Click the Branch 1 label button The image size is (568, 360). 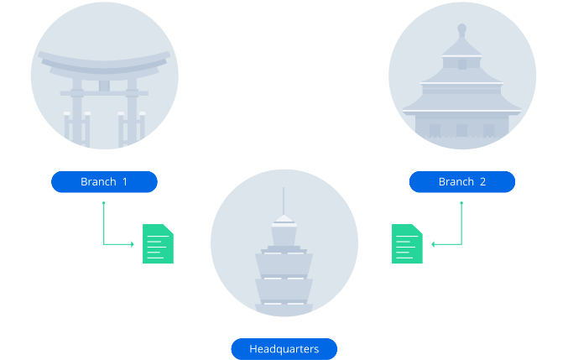104,182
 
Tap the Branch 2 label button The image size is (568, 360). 461,182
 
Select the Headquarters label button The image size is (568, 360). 284,349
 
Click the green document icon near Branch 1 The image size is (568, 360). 158,244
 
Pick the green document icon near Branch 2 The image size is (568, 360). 407,244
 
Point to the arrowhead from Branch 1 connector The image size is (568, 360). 132,244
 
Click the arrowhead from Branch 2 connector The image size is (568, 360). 434,244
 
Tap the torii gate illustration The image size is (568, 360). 104,92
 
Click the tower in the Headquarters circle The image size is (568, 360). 284,260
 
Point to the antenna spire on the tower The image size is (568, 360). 284,200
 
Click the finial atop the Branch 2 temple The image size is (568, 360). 461,32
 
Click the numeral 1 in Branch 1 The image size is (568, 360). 125,182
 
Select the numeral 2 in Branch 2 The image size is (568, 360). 482,182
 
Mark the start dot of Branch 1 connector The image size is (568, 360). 103,202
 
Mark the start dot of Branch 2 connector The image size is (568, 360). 462,202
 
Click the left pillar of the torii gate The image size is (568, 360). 78,113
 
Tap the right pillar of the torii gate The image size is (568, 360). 131,113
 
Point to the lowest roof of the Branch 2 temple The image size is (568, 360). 461,108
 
